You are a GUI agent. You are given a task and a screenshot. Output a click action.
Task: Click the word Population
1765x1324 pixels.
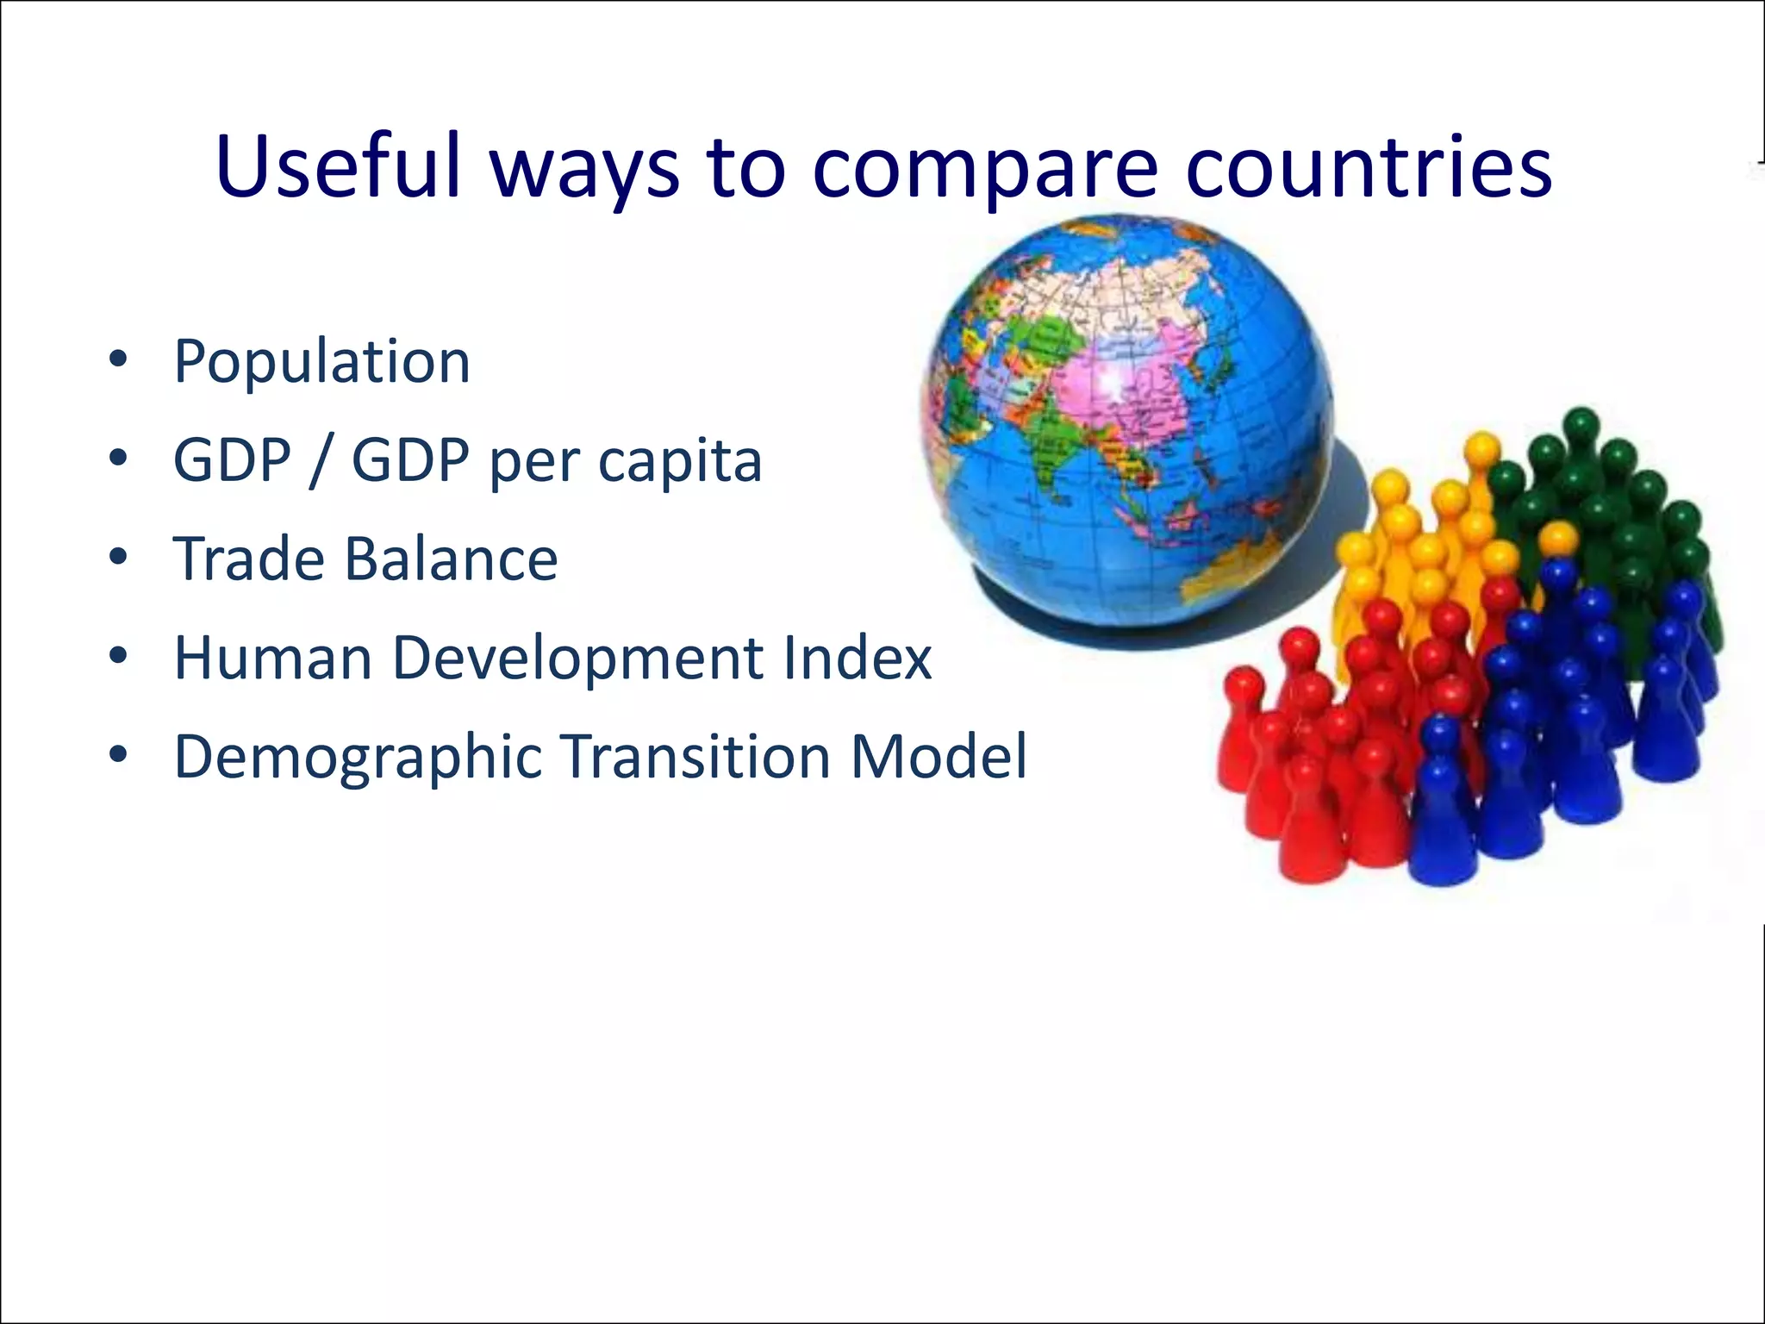click(321, 363)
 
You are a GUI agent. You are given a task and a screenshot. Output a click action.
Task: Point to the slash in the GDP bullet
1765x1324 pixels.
click(321, 461)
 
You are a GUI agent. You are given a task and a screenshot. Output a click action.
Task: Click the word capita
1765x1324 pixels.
click(680, 462)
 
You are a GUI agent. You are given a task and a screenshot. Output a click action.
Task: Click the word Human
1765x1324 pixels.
click(273, 659)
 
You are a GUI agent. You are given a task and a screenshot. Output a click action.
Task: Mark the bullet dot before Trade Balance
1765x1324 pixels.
click(118, 557)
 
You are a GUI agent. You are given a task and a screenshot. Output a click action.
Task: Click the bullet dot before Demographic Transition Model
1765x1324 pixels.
click(118, 755)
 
